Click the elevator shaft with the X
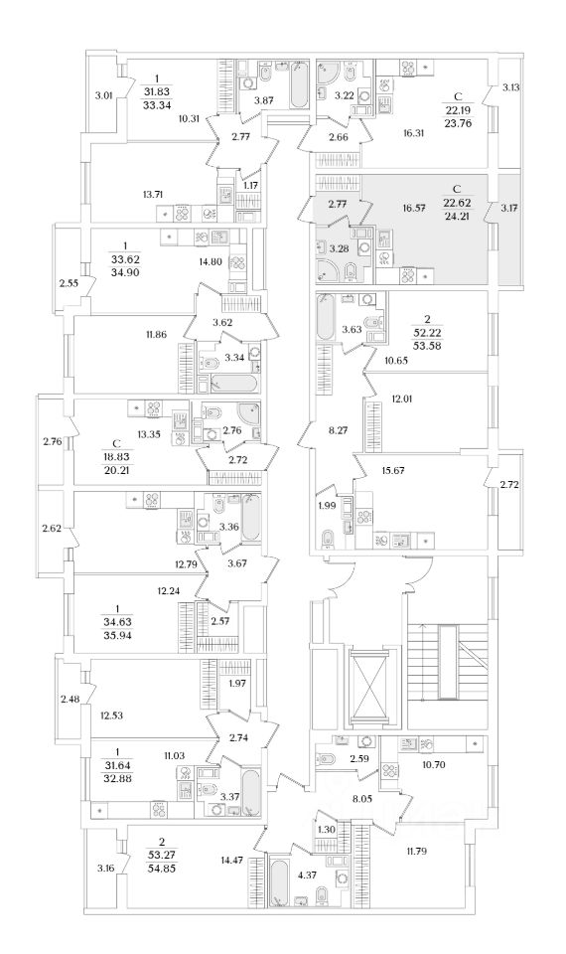click(369, 688)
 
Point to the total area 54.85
click(162, 869)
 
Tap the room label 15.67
click(394, 470)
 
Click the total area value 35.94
click(117, 634)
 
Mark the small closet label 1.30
click(327, 829)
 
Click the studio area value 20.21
click(117, 469)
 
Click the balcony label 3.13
click(511, 87)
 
